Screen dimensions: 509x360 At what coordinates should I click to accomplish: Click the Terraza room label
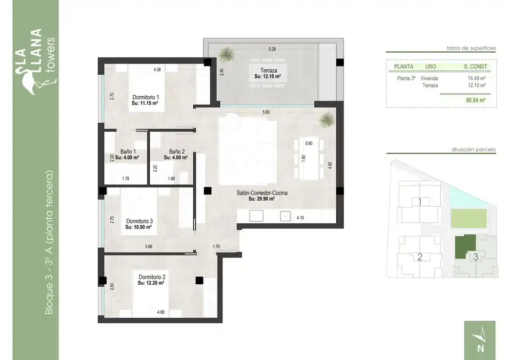tap(268, 70)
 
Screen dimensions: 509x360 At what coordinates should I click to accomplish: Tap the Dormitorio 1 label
tap(146, 97)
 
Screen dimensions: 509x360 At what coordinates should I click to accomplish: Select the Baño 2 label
tap(177, 152)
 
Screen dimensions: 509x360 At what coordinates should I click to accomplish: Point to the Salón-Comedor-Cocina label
tap(262, 193)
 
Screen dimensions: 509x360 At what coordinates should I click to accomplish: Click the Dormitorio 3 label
tap(139, 221)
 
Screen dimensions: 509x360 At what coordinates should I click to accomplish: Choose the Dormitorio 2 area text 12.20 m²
tap(151, 283)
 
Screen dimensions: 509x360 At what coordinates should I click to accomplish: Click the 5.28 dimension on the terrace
tap(272, 49)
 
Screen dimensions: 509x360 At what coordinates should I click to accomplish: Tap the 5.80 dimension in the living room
tap(266, 112)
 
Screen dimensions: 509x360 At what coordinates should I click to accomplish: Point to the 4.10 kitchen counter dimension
tap(300, 218)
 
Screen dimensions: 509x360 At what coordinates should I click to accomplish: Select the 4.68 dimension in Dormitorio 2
tap(161, 312)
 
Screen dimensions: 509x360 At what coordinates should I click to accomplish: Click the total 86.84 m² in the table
tap(476, 101)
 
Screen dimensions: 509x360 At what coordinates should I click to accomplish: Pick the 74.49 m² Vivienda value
tap(476, 78)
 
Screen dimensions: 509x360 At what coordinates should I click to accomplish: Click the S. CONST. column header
tap(476, 66)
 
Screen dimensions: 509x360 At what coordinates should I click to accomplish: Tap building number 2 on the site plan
tap(420, 257)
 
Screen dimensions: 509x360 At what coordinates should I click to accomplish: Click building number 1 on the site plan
tap(420, 202)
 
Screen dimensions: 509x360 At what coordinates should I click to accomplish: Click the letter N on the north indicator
tap(481, 348)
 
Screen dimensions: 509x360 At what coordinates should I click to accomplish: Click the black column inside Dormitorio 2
tap(199, 280)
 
